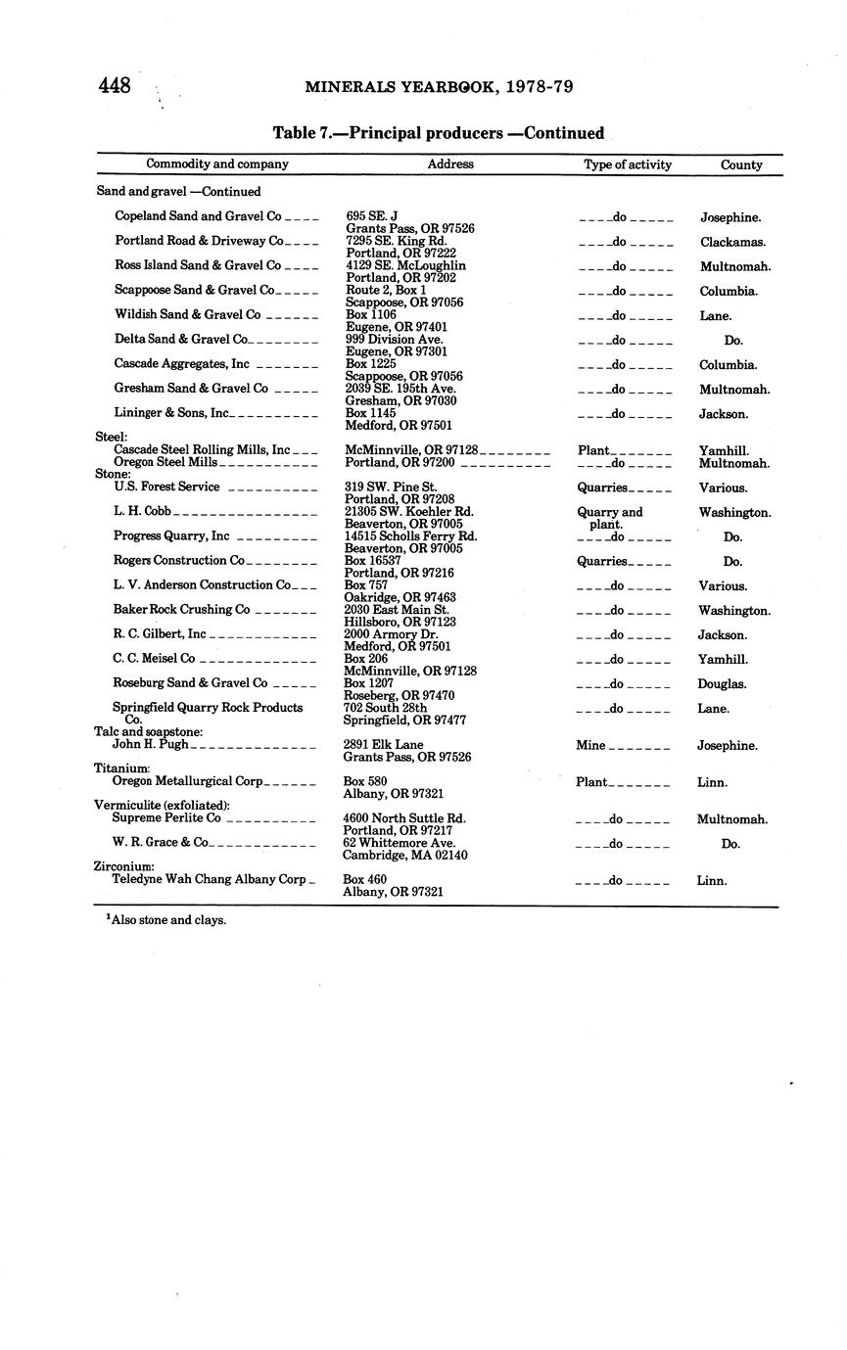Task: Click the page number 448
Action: [x=115, y=86]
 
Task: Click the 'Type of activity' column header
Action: [x=628, y=164]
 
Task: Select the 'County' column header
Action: [x=741, y=164]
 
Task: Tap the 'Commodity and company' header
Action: [x=217, y=164]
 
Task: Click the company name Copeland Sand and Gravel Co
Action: [x=198, y=216]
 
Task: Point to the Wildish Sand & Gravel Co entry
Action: [x=188, y=315]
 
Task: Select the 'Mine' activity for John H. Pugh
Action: [x=591, y=746]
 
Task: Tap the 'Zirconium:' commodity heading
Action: [x=123, y=867]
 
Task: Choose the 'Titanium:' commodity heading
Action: [x=121, y=769]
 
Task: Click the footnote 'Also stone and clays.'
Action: [x=167, y=920]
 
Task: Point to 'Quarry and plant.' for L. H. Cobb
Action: [x=609, y=518]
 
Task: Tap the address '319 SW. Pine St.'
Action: [x=392, y=487]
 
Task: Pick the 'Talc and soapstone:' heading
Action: [x=148, y=732]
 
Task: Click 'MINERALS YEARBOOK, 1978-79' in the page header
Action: [x=439, y=87]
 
